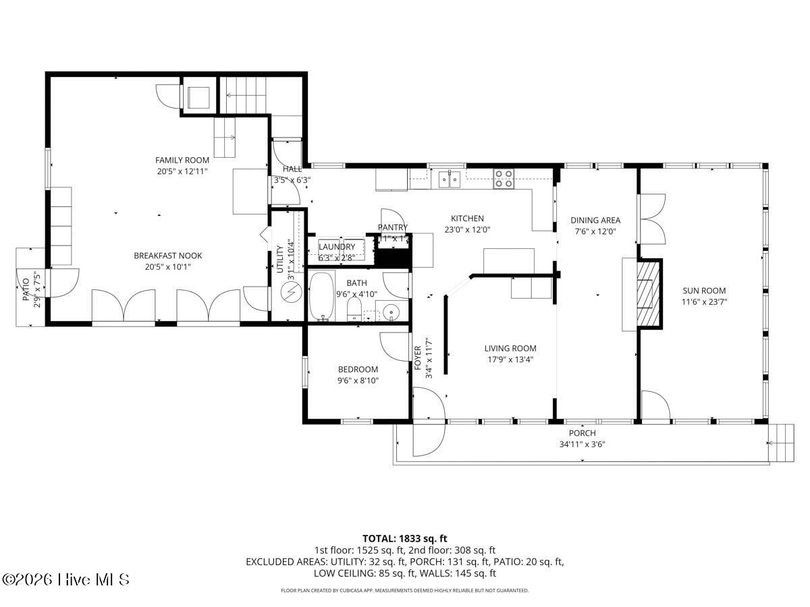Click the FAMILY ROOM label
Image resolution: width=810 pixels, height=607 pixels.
click(x=182, y=160)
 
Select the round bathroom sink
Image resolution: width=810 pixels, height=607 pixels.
click(x=391, y=312)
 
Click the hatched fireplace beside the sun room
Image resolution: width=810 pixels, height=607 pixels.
click(x=648, y=294)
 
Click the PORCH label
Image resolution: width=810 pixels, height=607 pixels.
click(x=582, y=433)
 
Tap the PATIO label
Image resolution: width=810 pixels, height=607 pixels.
click(x=26, y=290)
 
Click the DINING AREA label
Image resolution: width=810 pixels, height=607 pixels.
click(x=595, y=220)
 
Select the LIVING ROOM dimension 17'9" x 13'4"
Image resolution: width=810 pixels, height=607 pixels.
click(x=510, y=359)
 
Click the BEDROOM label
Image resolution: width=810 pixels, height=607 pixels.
click(x=358, y=369)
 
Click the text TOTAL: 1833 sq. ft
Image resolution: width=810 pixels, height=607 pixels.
click(x=405, y=538)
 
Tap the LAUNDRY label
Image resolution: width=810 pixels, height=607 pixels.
click(x=337, y=247)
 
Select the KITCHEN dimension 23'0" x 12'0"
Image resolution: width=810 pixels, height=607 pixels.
click(x=467, y=229)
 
